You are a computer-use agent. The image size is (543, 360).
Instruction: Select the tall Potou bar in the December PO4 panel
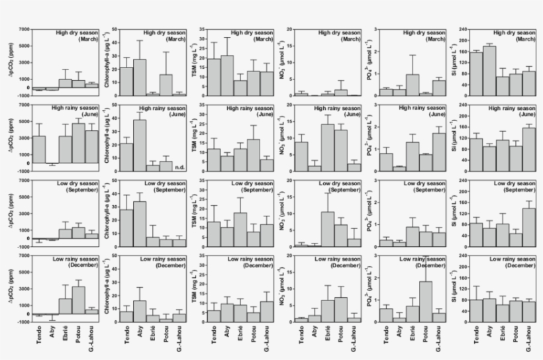click(x=425, y=302)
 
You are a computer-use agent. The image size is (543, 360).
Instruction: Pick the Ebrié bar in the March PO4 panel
click(x=412, y=85)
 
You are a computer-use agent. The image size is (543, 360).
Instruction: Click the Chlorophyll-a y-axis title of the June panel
click(x=103, y=134)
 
